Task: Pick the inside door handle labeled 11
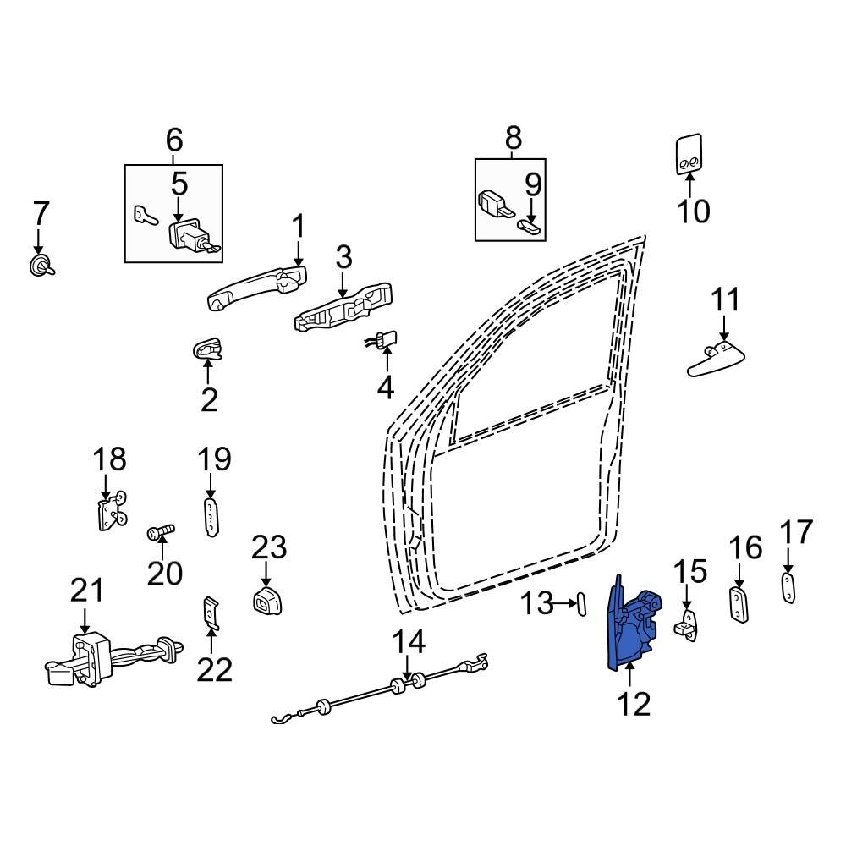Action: [x=713, y=358]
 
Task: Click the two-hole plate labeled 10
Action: [x=690, y=154]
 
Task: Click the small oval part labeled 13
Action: [x=581, y=604]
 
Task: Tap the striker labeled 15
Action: [x=687, y=624]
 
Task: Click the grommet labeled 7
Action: [x=39, y=266]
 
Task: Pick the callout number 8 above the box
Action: [x=513, y=137]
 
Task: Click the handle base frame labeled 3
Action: [x=343, y=309]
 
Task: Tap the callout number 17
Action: [x=796, y=532]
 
